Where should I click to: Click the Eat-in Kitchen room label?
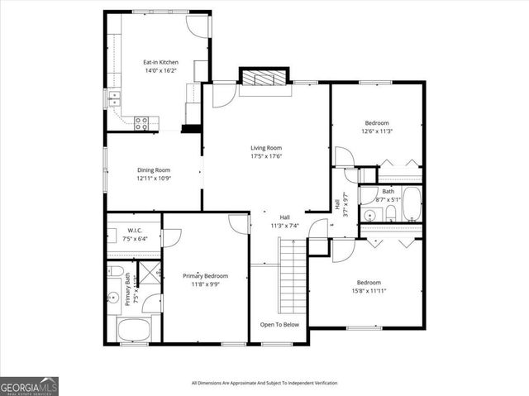pyautogui.click(x=160, y=62)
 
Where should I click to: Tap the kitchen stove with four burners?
pyautogui.click(x=142, y=122)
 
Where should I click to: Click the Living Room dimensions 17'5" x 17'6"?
pyautogui.click(x=266, y=156)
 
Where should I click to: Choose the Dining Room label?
pyautogui.click(x=153, y=169)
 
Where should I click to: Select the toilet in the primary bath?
pyautogui.click(x=116, y=272)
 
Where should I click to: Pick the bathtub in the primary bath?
pyautogui.click(x=133, y=331)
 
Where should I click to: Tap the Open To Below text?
pyautogui.click(x=279, y=325)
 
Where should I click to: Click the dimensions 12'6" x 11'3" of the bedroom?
pyautogui.click(x=376, y=131)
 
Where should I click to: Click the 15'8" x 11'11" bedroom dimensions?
pyautogui.click(x=369, y=290)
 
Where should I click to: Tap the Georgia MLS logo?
pyautogui.click(x=29, y=385)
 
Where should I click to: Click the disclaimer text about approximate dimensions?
pyautogui.click(x=264, y=383)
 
